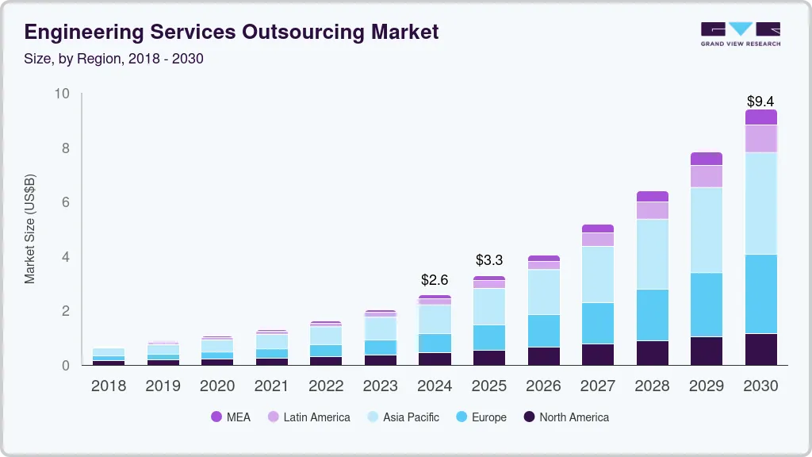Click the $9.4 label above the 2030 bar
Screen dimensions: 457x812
tap(760, 102)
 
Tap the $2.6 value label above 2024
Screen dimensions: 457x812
tap(435, 280)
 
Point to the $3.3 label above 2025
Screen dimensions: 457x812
tap(489, 260)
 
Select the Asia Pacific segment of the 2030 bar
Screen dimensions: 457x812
tap(760, 203)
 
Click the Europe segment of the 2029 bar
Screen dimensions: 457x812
tap(707, 305)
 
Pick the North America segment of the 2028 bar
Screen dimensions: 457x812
tap(652, 353)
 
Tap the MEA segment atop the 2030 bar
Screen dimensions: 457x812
tap(760, 117)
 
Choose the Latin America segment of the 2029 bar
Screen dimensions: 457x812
tap(707, 176)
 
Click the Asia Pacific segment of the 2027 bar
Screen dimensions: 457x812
tap(598, 275)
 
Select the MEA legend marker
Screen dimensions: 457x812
tap(216, 417)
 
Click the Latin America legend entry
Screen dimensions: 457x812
tap(308, 417)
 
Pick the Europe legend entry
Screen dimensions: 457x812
tap(481, 417)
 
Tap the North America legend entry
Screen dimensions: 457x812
tap(565, 417)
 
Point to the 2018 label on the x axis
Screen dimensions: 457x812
tap(109, 386)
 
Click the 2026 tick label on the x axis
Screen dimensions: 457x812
tap(543, 386)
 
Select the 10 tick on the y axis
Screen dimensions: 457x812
tap(62, 94)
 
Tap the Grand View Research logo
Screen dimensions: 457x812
tap(740, 34)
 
